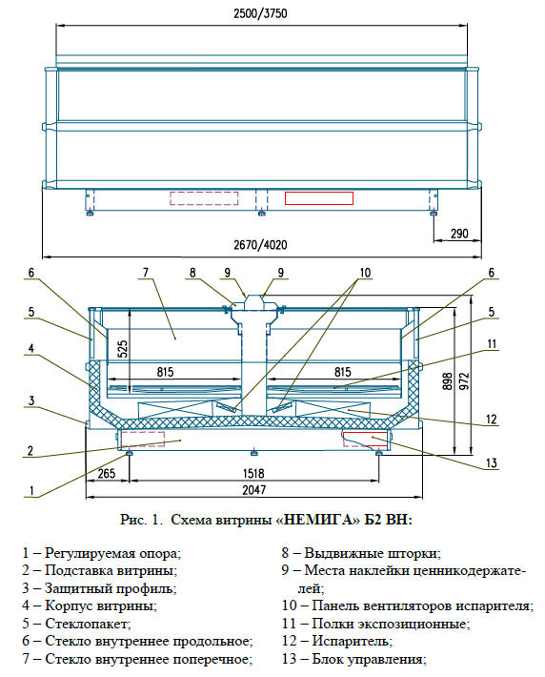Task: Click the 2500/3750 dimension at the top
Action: (260, 13)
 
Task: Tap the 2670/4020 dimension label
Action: (260, 245)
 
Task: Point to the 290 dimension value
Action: (459, 234)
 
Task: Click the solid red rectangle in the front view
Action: (319, 198)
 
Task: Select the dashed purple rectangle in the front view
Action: (204, 198)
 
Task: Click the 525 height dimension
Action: (122, 349)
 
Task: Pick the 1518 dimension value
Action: (253, 473)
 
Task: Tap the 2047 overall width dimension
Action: (253, 489)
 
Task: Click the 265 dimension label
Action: (106, 473)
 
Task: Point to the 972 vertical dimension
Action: (464, 381)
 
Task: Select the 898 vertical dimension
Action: (448, 381)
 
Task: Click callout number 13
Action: (492, 463)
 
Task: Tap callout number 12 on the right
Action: (491, 420)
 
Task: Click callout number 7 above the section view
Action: (146, 273)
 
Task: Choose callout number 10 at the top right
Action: (365, 273)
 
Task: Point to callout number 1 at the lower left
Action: (31, 490)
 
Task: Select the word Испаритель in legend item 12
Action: (352, 641)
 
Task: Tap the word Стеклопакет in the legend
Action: (87, 624)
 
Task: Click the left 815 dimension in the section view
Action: (165, 372)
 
